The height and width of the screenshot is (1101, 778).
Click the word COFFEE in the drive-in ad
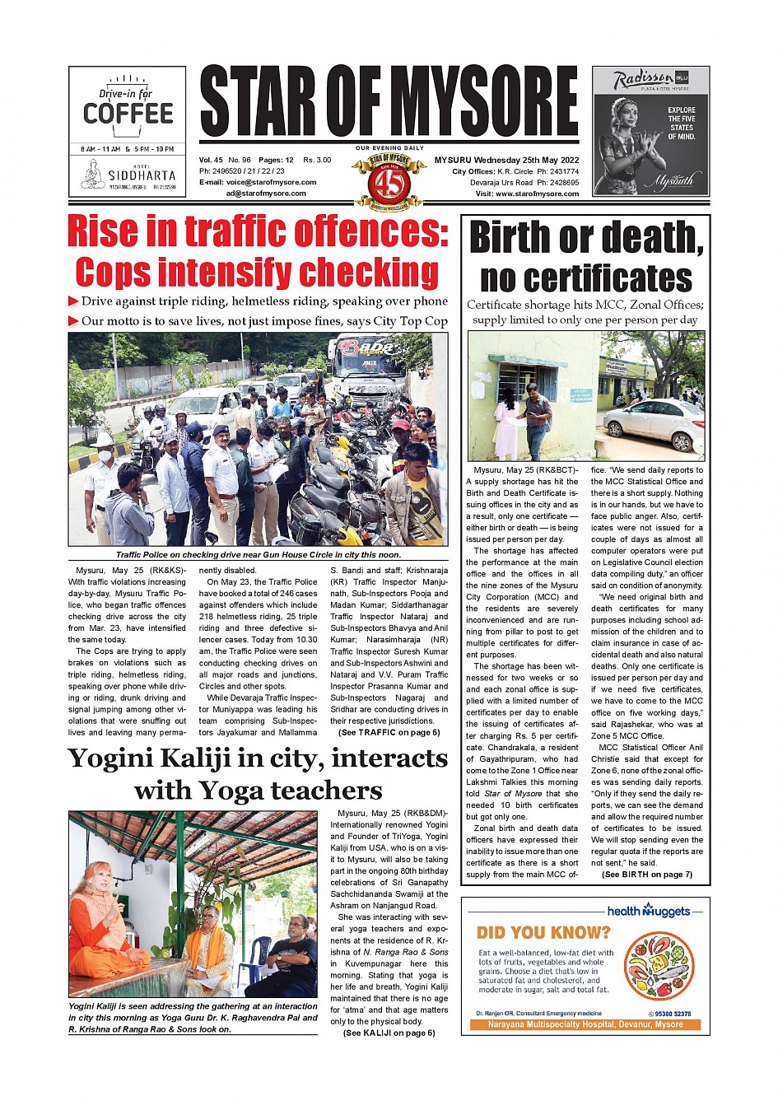(128, 114)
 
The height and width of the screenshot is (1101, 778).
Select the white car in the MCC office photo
(654, 425)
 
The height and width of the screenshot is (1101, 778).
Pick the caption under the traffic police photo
(258, 555)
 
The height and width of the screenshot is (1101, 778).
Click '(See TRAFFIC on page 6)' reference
(389, 732)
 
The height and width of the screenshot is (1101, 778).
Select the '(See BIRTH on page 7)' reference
(646, 875)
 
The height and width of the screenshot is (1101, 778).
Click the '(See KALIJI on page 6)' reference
(389, 1033)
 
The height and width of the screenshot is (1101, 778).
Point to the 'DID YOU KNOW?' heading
(543, 933)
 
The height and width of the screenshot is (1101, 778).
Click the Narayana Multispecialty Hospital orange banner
(585, 1024)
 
